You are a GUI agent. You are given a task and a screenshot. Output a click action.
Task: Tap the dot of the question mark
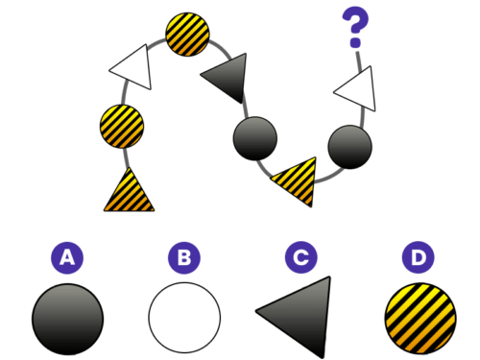tap(355, 43)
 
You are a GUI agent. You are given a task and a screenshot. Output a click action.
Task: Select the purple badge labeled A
tap(67, 257)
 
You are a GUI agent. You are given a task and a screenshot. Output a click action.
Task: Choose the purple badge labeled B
tap(184, 257)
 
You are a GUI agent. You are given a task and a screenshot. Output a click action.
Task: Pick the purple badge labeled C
tap(301, 257)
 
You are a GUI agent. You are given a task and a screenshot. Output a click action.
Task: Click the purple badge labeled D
tap(419, 257)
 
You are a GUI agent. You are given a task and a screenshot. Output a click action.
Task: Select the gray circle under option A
tap(67, 319)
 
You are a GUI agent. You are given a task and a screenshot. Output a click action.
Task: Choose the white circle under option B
tap(184, 318)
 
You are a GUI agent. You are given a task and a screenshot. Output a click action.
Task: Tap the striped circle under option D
tap(420, 319)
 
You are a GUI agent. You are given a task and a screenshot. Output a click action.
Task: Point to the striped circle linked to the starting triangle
tap(122, 126)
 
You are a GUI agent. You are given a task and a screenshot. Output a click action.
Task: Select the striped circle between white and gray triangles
tap(187, 35)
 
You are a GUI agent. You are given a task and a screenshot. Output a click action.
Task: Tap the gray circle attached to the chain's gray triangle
tap(255, 138)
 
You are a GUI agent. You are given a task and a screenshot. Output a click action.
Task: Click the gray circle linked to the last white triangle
tap(350, 147)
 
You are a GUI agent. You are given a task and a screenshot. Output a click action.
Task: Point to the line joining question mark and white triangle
tap(359, 60)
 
